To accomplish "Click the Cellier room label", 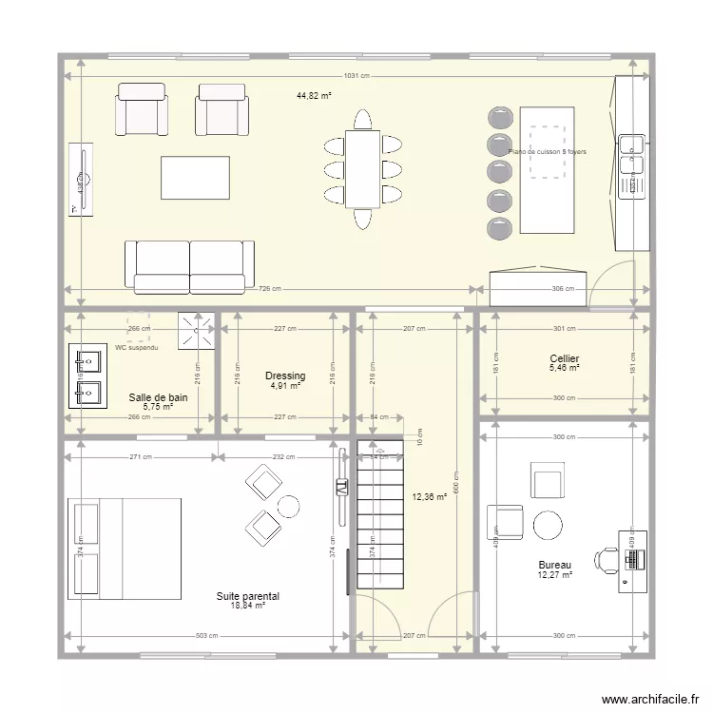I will (565, 358).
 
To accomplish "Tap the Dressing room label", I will (285, 376).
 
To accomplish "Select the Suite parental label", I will (247, 596).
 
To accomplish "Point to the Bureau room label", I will (554, 565).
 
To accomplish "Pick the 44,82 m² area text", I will (313, 95).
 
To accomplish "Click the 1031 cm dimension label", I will (357, 76).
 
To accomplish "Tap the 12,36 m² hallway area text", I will (430, 496).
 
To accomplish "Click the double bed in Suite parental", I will (125, 549).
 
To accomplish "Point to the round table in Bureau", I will (548, 525).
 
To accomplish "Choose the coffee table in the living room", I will (195, 178).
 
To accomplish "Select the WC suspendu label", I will (137, 348).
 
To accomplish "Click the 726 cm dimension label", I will (269, 289).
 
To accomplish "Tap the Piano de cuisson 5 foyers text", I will (548, 152).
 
